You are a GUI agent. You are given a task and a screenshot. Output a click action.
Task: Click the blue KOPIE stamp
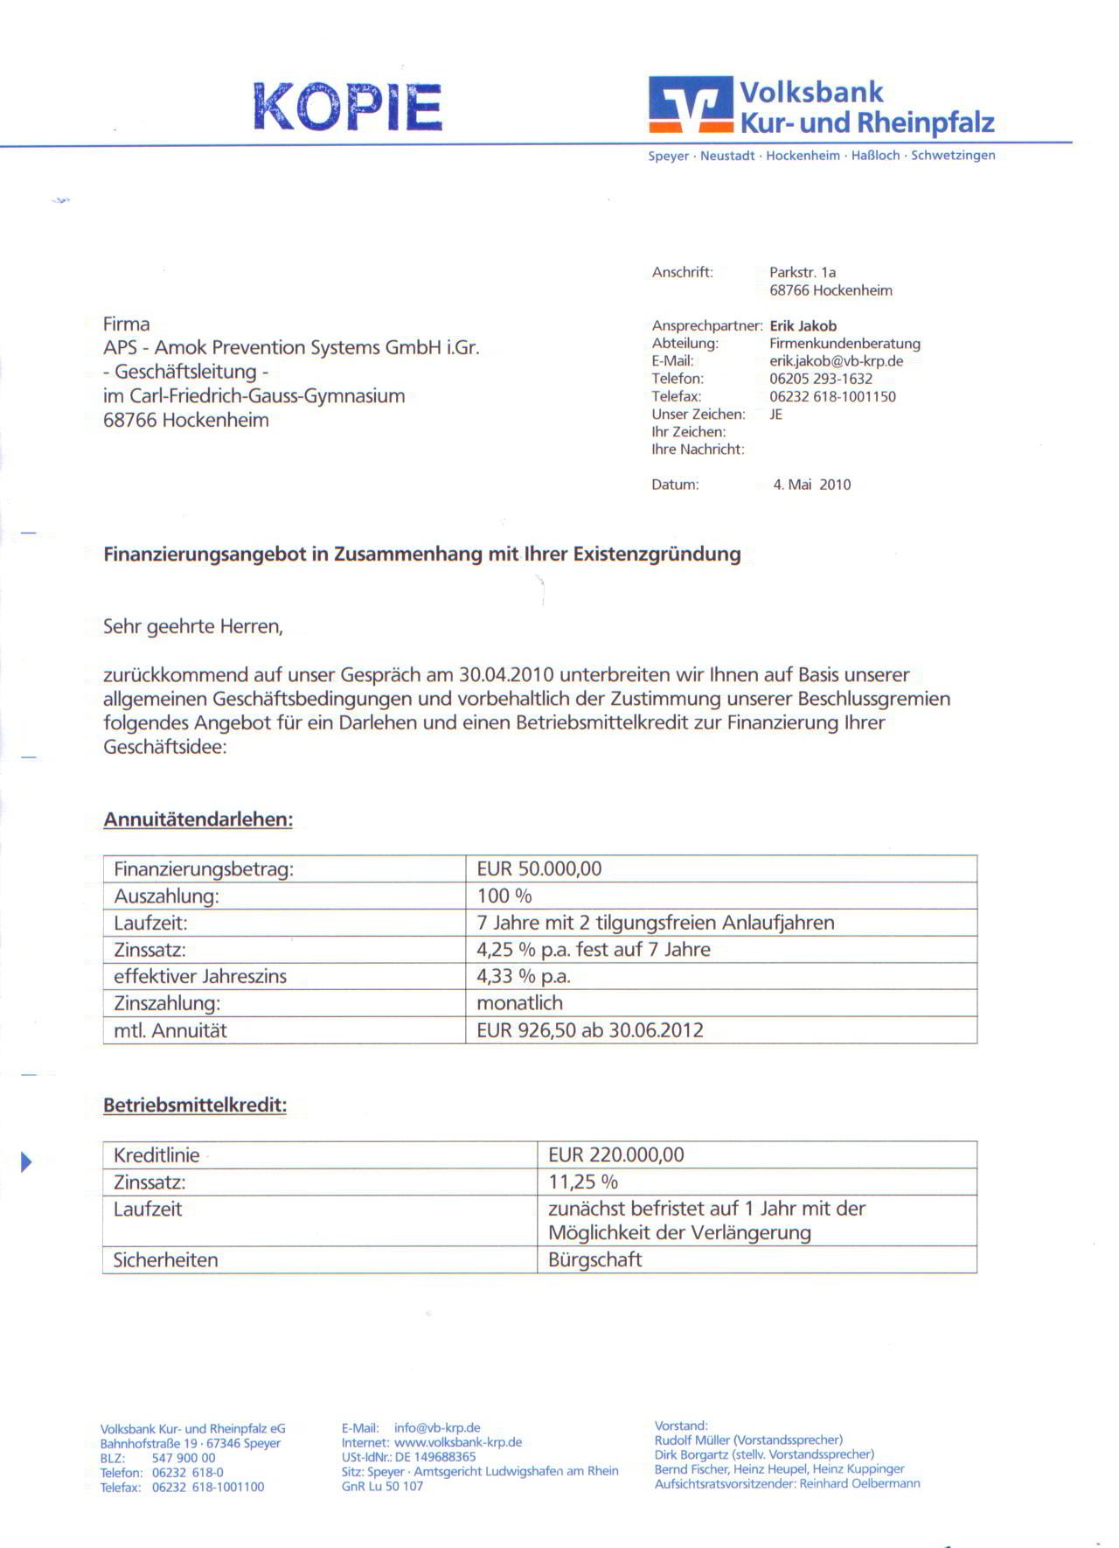coord(348,107)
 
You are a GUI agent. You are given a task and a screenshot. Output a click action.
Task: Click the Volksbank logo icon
coord(690,104)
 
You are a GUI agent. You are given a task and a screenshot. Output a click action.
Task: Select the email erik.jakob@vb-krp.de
coord(836,361)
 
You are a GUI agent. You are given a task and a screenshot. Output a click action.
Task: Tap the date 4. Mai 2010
coord(811,485)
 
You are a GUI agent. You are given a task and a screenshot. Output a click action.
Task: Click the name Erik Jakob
coord(803,326)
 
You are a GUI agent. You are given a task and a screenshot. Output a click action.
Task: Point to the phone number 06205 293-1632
coord(820,379)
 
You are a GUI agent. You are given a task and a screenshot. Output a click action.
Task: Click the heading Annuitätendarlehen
coord(198,820)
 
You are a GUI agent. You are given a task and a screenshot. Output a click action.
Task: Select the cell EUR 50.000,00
coord(539,869)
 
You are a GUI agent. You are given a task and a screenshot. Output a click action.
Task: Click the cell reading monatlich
coord(519,1003)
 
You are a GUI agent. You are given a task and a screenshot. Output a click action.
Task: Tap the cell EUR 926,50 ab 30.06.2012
coord(589,1030)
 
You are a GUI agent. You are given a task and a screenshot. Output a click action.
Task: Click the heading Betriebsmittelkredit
coord(194,1105)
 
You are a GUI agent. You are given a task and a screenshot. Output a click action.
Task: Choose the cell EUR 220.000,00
coord(615,1155)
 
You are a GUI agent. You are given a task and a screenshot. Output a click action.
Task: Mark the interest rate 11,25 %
coord(582,1182)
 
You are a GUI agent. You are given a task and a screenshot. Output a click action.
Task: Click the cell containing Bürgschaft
coord(594,1260)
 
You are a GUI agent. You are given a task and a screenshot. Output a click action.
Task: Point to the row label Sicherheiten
coord(165,1260)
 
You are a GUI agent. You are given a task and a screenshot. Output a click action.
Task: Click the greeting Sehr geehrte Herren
coord(192,627)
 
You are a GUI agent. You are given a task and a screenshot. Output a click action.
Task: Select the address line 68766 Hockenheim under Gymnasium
coord(185,420)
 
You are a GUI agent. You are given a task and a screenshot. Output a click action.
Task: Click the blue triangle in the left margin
coord(26,1162)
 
